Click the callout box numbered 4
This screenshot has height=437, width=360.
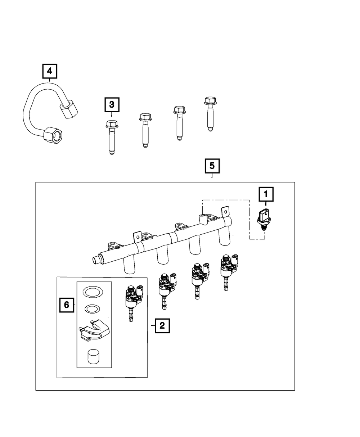pyautogui.click(x=50, y=71)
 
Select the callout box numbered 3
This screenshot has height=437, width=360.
pyautogui.click(x=112, y=104)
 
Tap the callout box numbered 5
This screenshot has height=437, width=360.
pyautogui.click(x=212, y=166)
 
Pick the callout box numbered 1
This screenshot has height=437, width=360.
pyautogui.click(x=266, y=194)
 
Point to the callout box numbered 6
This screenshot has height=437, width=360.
pyautogui.click(x=67, y=305)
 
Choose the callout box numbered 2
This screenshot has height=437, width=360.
pyautogui.click(x=162, y=326)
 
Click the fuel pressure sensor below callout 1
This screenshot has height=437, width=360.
pyautogui.click(x=264, y=220)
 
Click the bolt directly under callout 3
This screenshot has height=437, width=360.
pyautogui.click(x=112, y=137)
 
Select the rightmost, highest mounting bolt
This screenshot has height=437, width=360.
pyautogui.click(x=210, y=114)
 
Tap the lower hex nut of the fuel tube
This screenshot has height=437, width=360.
pyautogui.click(x=53, y=135)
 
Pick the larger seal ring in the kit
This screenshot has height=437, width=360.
pyautogui.click(x=93, y=292)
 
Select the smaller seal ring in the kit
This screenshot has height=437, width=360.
pyautogui.click(x=92, y=309)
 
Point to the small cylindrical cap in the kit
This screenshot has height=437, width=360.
pyautogui.click(x=93, y=357)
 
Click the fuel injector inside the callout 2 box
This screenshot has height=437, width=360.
pyautogui.click(x=134, y=303)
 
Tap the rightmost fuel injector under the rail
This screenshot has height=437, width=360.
pyautogui.click(x=229, y=272)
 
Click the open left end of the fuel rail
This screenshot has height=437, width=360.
pyautogui.click(x=96, y=260)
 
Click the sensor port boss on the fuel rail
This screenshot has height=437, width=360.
pyautogui.click(x=203, y=219)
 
